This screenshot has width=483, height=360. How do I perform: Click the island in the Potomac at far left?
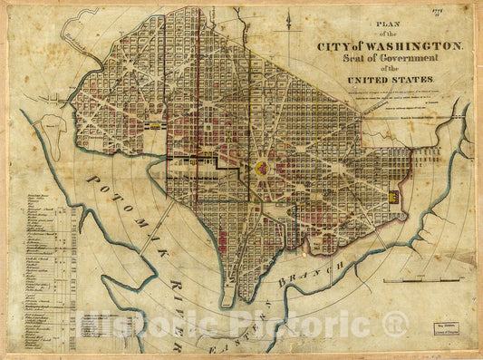[x=56, y=136]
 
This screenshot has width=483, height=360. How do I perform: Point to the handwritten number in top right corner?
[x=461, y=12]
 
